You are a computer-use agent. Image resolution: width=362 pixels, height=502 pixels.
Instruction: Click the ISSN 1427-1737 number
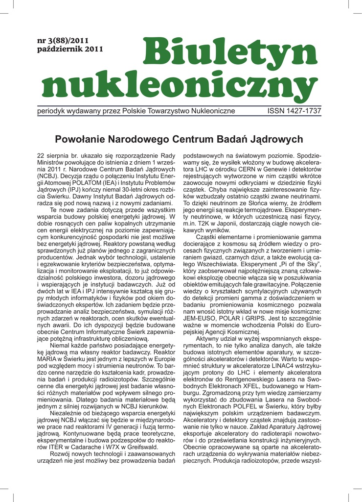pos(294,111)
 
